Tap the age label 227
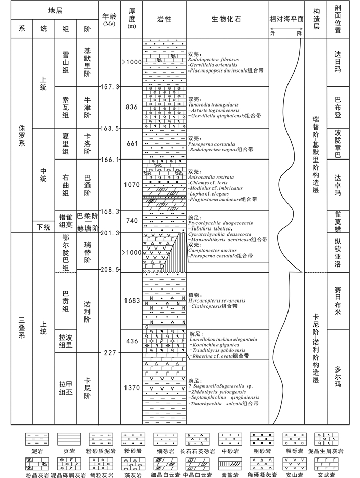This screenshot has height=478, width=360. (109, 353)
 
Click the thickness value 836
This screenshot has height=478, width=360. (132, 107)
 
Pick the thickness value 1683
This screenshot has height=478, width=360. (132, 300)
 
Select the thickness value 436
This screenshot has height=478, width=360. (132, 342)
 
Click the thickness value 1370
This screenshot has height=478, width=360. (132, 387)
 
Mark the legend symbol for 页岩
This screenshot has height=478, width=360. (67, 439)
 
